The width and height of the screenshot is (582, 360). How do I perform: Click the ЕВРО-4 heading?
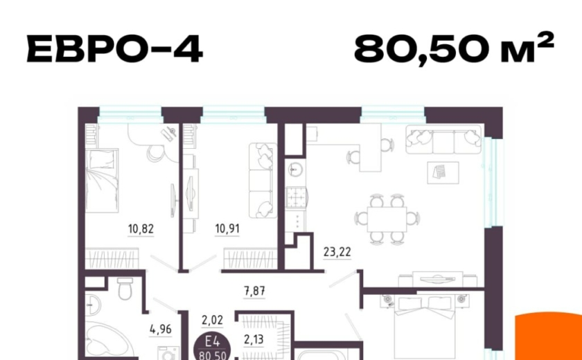(x=115, y=49)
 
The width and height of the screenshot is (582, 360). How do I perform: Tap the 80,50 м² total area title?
(x=454, y=49)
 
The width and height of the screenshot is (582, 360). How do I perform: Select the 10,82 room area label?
(x=141, y=229)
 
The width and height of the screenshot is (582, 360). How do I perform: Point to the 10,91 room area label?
(x=227, y=228)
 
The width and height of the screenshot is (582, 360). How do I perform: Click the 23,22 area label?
(x=337, y=252)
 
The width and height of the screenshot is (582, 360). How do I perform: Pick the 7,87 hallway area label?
(x=254, y=291)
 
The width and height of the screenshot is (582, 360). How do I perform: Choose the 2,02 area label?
(x=212, y=321)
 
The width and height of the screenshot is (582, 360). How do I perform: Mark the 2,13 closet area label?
(x=254, y=339)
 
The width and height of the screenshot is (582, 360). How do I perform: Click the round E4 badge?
(x=213, y=348)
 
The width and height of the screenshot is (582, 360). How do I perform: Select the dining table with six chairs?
(x=387, y=219)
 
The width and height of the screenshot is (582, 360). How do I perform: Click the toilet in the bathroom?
(x=125, y=289)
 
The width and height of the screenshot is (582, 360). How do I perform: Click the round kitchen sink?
(x=295, y=170)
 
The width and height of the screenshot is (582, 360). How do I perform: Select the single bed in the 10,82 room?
(x=102, y=181)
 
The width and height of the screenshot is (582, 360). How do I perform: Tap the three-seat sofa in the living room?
(x=443, y=140)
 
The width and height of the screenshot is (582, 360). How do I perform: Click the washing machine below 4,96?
(x=168, y=353)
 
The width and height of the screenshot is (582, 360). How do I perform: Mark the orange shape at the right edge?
(x=549, y=336)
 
